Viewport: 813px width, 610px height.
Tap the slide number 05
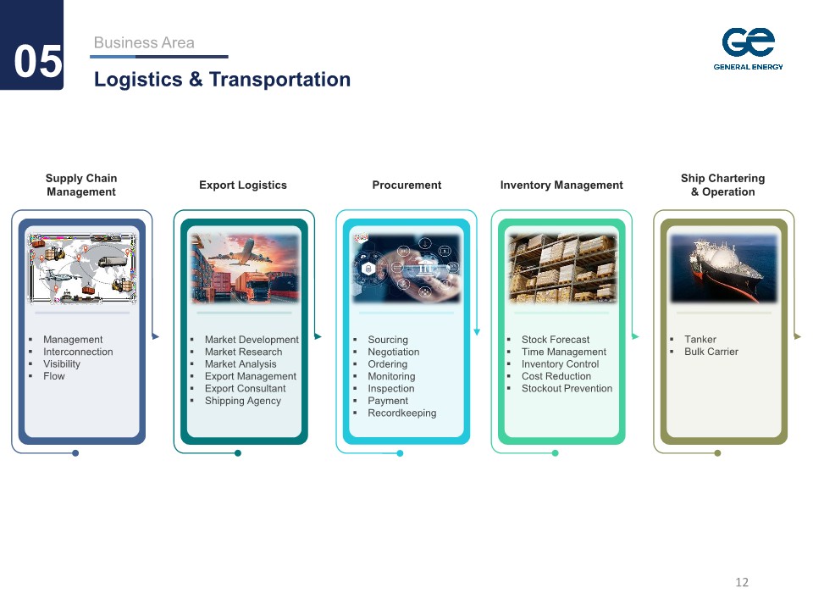[38, 61]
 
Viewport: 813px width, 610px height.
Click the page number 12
[742, 582]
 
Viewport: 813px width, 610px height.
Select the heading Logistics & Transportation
[222, 80]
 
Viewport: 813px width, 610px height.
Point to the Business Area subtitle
[144, 42]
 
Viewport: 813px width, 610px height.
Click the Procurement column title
[406, 186]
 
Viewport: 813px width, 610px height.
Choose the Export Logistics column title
[243, 186]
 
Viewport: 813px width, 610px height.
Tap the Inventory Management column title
[561, 186]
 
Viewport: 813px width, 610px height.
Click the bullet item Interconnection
[78, 352]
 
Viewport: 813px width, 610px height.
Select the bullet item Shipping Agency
[243, 401]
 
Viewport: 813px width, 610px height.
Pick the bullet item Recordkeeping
[401, 413]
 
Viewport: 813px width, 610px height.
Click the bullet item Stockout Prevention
[567, 389]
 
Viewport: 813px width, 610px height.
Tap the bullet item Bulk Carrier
[711, 352]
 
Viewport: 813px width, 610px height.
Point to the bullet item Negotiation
[394, 352]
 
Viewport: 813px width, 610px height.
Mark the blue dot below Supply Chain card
[75, 453]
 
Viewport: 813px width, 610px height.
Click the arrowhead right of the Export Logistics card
[318, 336]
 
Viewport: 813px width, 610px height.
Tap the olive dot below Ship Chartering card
[717, 453]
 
